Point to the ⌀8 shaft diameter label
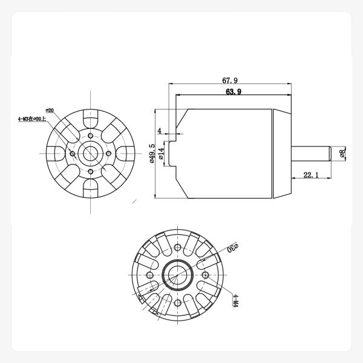pos(342,154)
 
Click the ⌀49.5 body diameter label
pos(152,154)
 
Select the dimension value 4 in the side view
pos(160,130)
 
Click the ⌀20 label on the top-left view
pos(50,111)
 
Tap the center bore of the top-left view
pos(90,154)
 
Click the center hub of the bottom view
pos(176,275)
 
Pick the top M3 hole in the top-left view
pos(90,136)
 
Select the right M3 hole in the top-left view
pos(108,154)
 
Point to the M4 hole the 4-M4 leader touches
pos(205,275)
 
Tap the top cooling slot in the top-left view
pos(90,118)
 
